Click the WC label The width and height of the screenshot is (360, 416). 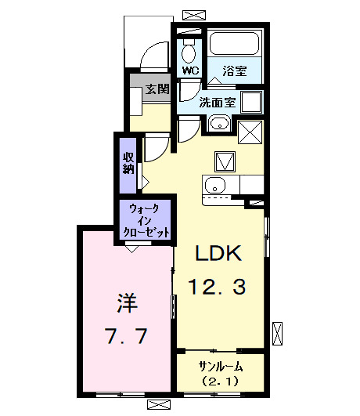point(191,71)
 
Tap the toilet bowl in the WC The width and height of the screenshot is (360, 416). point(189,53)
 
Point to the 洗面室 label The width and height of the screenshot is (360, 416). point(217,102)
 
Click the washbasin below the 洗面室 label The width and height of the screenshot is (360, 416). point(218,124)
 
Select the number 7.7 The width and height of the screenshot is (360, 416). point(125,337)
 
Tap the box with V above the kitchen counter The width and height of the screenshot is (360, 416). point(225,160)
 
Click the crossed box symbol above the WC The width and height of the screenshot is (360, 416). point(189,14)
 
